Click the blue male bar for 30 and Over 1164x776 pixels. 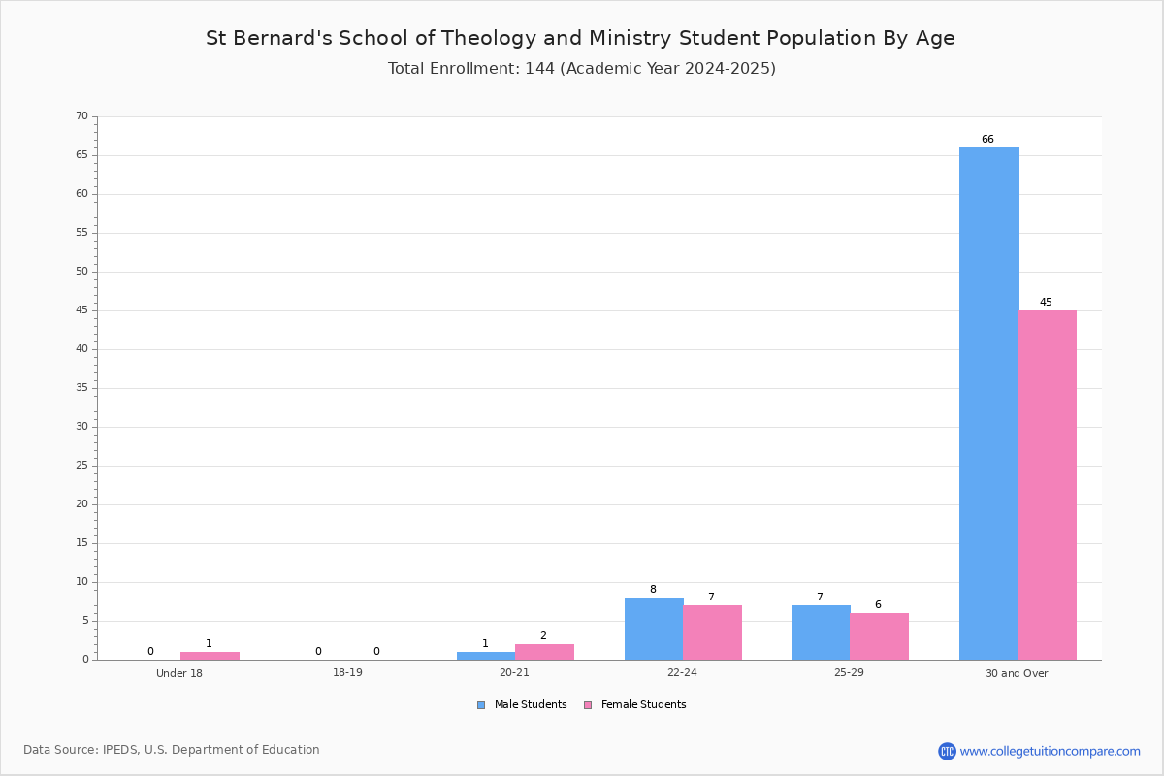[988, 404]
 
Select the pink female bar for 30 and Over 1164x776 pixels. [1047, 485]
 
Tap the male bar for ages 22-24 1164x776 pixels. [654, 629]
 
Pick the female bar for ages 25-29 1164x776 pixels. [879, 636]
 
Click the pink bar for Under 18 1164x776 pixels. [210, 656]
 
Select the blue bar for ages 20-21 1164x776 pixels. [486, 656]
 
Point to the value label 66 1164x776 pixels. [987, 139]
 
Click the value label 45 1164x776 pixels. [1046, 302]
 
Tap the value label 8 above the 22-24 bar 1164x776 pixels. [653, 589]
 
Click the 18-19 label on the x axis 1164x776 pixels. [347, 672]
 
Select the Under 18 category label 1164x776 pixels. [179, 673]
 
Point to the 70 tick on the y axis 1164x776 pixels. [82, 115]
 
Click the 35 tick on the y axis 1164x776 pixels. [82, 388]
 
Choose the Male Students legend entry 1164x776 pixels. [522, 705]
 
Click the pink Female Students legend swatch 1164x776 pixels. [588, 705]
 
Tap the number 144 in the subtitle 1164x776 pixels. [540, 68]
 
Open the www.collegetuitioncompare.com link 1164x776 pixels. [1050, 752]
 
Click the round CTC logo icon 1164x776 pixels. [947, 751]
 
